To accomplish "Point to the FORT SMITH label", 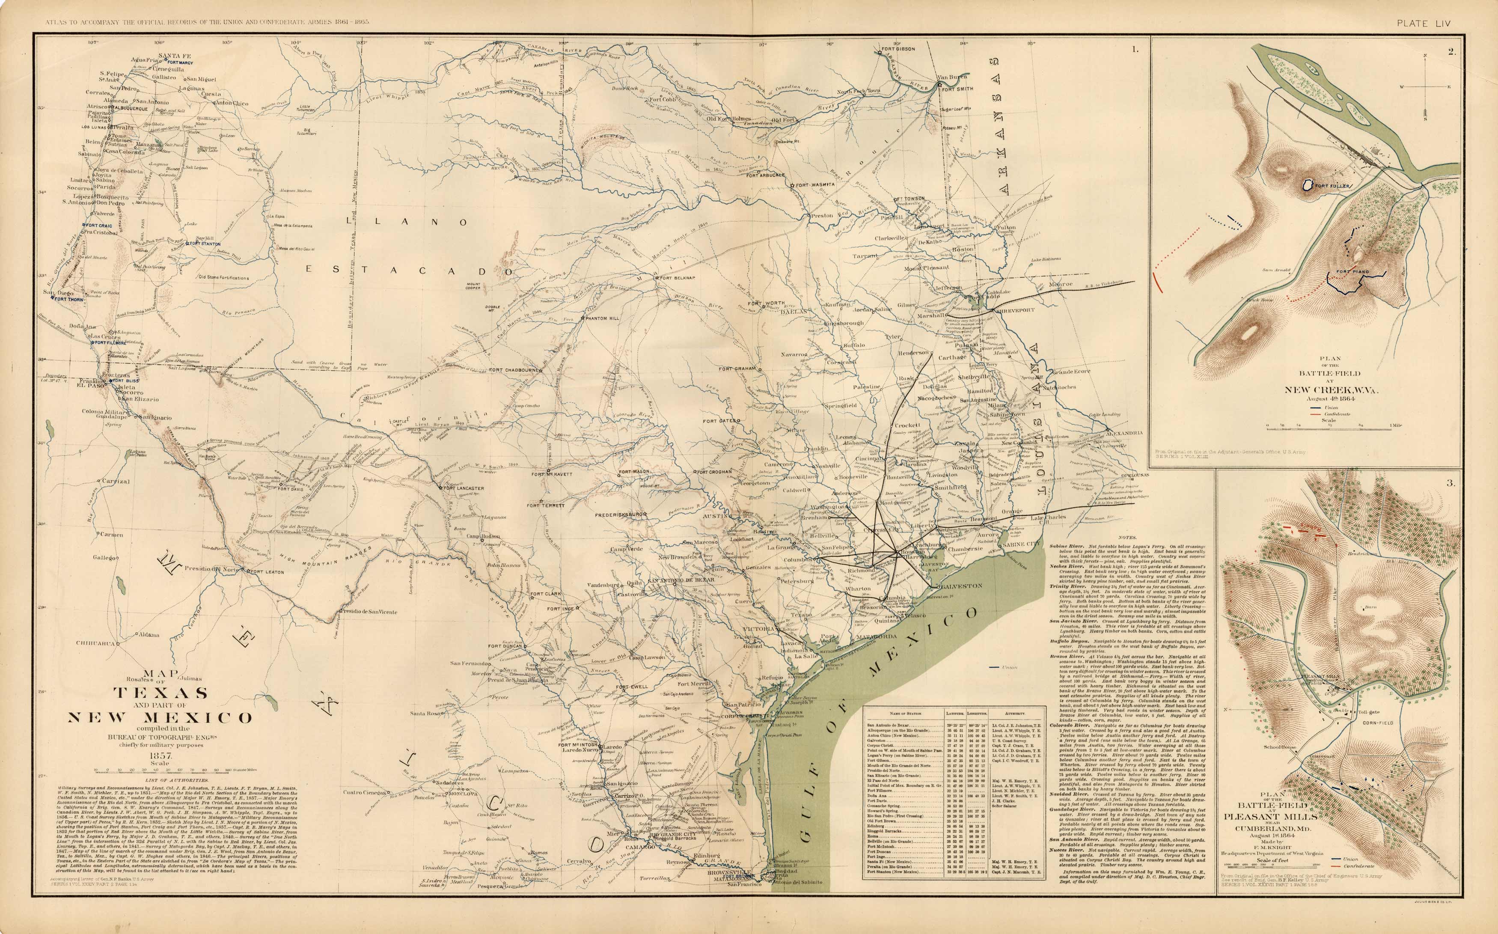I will [957, 88].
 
